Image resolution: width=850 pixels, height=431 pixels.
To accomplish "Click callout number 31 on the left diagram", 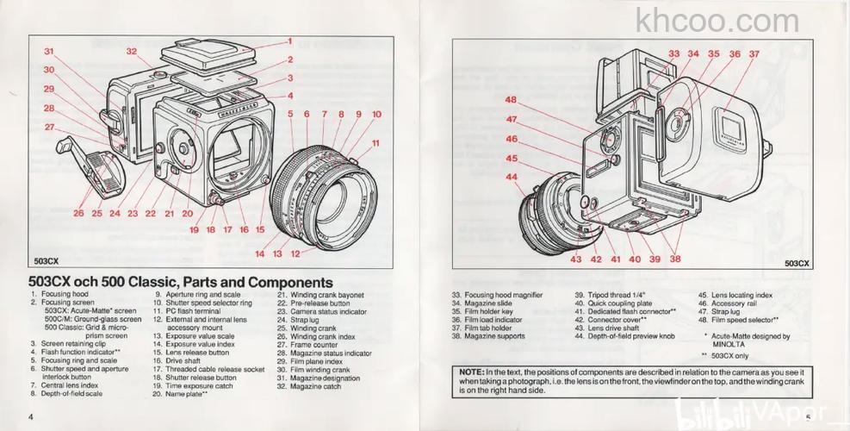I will pyautogui.click(x=49, y=52).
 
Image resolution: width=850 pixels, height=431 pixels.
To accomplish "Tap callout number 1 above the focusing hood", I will pyautogui.click(x=290, y=41).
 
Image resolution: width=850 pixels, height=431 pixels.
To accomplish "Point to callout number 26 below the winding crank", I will pyautogui.click(x=78, y=213).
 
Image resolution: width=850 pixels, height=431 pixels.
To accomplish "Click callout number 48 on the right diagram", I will pyautogui.click(x=511, y=99).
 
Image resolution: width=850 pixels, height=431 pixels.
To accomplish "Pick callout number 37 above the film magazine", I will pyautogui.click(x=754, y=53).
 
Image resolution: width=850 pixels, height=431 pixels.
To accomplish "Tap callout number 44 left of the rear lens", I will pyautogui.click(x=512, y=177).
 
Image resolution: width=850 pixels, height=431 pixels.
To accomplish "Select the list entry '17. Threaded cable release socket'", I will pyautogui.click(x=208, y=368).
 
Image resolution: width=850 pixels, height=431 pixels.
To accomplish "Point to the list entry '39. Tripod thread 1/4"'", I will pyautogui.click(x=610, y=295).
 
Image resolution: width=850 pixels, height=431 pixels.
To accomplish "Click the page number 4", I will pyautogui.click(x=30, y=417).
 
